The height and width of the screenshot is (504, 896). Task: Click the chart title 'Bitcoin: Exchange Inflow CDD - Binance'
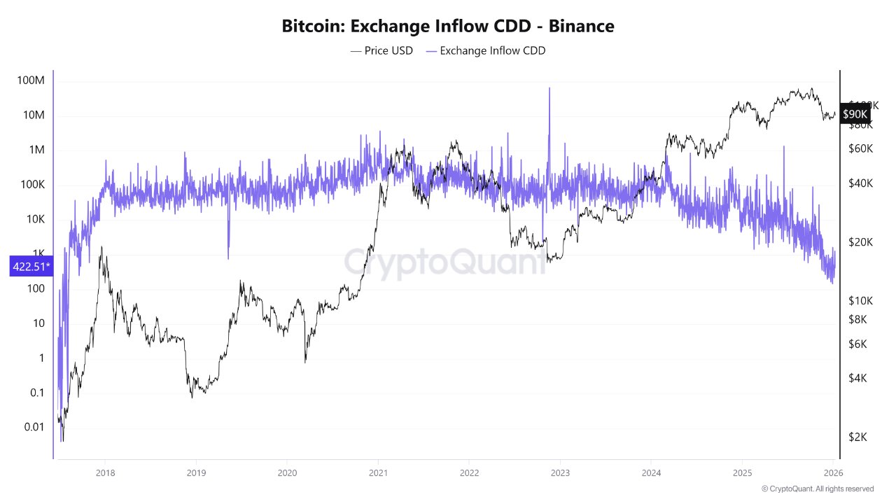448,27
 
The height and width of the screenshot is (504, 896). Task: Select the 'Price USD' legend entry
381,50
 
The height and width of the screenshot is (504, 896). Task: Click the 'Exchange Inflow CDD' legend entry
485,50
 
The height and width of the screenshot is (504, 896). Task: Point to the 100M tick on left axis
31,80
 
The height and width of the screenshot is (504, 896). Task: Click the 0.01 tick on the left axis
32,427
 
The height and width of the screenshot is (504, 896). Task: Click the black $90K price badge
855,113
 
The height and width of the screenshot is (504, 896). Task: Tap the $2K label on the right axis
860,437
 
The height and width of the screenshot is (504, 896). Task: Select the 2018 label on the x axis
105,472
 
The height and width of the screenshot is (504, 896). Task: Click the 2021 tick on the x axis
378,472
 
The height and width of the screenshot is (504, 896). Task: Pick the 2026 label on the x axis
833,472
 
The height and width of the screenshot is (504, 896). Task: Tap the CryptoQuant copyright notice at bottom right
817,489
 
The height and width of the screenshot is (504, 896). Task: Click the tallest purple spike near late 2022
549,90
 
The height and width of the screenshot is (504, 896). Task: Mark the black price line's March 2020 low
305,361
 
